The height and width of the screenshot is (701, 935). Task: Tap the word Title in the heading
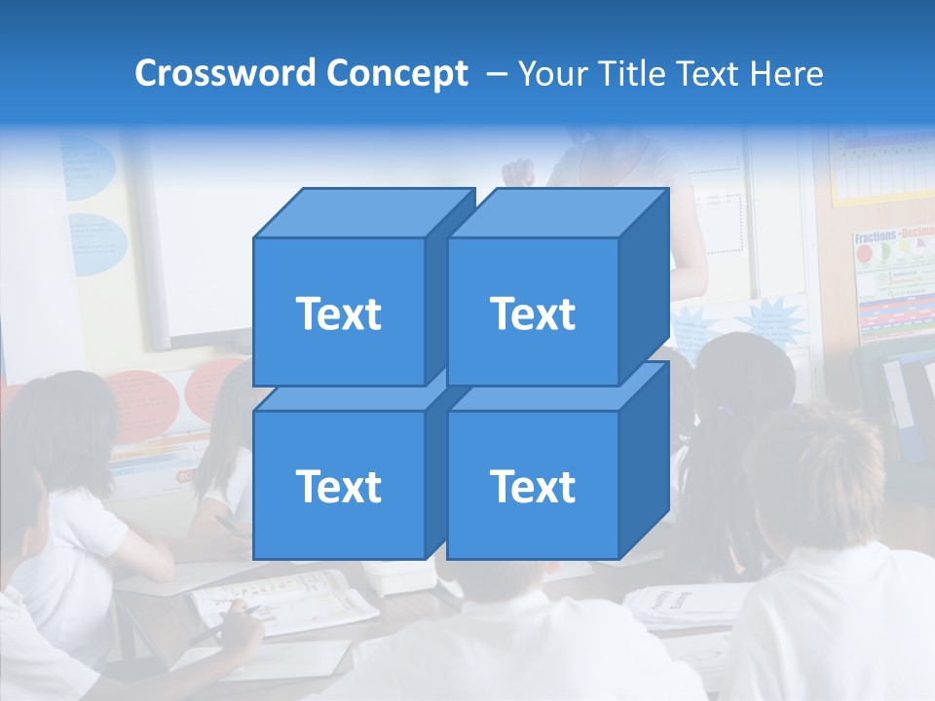[629, 73]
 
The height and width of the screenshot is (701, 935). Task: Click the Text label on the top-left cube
[338, 314]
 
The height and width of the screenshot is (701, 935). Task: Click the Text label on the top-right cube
[533, 314]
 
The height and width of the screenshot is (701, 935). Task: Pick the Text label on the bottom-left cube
[338, 486]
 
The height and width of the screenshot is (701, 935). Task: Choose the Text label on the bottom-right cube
[533, 486]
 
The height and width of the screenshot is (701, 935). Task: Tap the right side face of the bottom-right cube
[644, 462]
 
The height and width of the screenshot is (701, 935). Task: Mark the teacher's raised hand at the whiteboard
[518, 172]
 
